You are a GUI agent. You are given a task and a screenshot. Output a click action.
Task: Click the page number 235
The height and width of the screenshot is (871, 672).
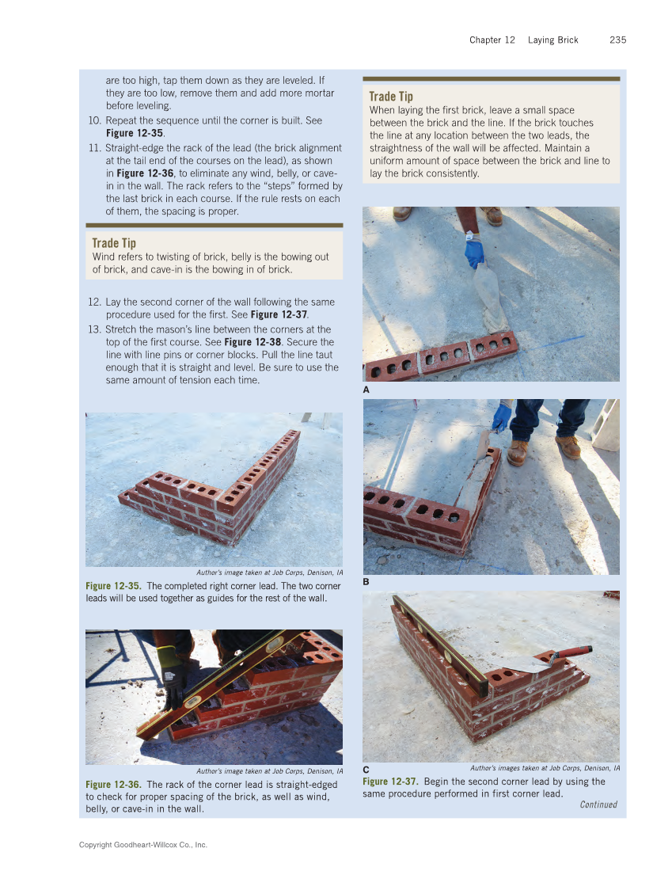[617, 40]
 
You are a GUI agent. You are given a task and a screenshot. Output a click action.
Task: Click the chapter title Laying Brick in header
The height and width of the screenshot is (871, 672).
[553, 40]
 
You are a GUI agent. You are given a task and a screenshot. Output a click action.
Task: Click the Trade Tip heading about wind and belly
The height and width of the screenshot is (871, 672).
[114, 243]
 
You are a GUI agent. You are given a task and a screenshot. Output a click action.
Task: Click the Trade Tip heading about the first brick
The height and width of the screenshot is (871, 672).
[391, 97]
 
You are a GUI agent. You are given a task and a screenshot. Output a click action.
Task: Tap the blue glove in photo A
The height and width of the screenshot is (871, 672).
[474, 253]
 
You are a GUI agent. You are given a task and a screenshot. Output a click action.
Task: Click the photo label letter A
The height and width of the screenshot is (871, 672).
[366, 390]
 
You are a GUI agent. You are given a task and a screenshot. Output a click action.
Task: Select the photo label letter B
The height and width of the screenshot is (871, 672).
[366, 582]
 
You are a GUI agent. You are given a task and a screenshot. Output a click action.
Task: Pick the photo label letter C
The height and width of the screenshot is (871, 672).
[366, 770]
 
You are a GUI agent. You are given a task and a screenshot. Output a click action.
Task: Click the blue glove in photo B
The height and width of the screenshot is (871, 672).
[501, 416]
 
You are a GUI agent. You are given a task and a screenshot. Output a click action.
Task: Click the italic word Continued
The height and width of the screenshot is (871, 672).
[598, 804]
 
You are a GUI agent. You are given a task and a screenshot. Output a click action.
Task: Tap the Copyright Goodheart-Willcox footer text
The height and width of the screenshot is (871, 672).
[143, 846]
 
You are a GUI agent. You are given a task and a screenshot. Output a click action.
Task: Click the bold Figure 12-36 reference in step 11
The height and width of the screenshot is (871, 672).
[145, 173]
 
